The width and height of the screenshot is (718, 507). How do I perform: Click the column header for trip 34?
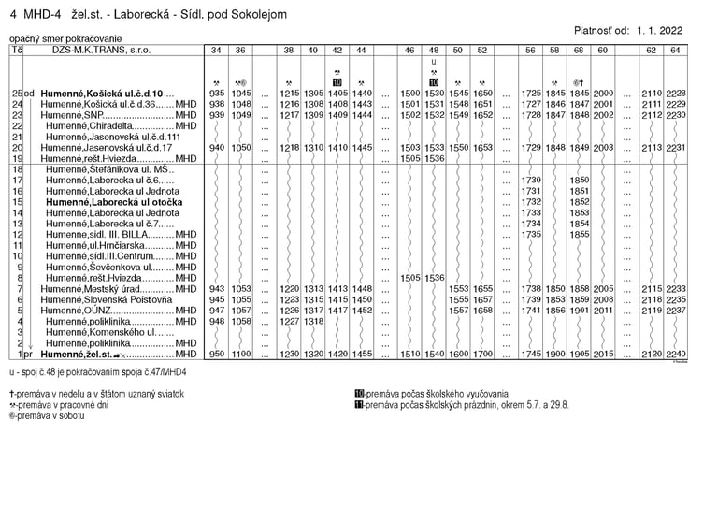(x=217, y=49)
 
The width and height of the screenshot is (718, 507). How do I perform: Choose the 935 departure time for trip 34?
(x=217, y=94)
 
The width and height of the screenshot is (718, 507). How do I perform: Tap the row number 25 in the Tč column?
(x=16, y=94)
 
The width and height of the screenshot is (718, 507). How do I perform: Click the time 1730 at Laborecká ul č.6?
(x=531, y=181)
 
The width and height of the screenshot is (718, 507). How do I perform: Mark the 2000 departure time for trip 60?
(x=602, y=94)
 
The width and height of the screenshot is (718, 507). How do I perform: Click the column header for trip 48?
(x=434, y=49)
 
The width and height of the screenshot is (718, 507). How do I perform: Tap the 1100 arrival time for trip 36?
(x=241, y=355)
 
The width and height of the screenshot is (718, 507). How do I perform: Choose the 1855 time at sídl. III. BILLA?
(x=579, y=235)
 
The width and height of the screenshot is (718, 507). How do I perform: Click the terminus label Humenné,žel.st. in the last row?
(x=76, y=355)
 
